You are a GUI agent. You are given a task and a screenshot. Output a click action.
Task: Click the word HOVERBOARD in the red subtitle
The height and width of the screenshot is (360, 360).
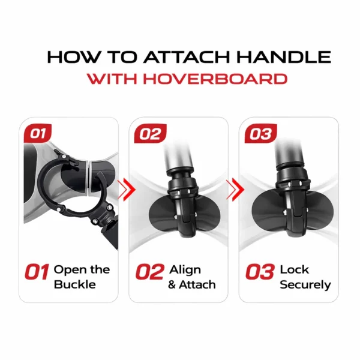pos(215,79)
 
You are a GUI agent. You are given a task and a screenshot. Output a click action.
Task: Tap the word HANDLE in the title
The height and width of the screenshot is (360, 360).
pos(283,57)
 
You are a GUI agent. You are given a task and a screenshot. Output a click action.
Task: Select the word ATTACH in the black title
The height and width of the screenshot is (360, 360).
pos(187,57)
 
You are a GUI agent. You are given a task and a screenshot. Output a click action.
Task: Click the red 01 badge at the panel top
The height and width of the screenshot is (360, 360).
pos(38,133)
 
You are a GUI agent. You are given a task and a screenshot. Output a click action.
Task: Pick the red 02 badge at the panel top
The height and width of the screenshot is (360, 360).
pos(150,133)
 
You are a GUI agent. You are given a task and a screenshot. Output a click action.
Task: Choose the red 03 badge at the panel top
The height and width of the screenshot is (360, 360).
pos(261,133)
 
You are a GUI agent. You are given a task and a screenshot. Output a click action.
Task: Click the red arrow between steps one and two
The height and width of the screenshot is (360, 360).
pos(127,190)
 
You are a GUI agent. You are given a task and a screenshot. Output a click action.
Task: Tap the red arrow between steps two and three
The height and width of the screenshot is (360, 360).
pos(235,190)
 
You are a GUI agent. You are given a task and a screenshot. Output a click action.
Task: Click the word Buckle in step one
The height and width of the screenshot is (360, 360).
pos(75,284)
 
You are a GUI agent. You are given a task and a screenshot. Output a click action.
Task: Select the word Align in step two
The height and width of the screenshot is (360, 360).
pos(185,270)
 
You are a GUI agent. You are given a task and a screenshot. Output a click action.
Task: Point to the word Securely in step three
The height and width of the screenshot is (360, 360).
pos(305,285)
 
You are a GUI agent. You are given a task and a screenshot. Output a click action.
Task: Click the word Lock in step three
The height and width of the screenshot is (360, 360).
pos(295,269)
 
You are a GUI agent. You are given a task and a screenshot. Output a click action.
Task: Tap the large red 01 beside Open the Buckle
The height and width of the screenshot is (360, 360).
pos(37,272)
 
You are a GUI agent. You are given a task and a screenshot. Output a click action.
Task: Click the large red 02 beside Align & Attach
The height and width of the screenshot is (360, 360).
pos(150,272)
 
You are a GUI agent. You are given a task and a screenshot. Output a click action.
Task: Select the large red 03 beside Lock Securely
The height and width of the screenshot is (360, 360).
pos(260,272)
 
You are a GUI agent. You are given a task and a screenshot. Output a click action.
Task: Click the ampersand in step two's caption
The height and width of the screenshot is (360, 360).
pos(172,284)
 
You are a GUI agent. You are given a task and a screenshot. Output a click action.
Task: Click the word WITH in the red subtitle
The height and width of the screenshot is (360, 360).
pos(112,79)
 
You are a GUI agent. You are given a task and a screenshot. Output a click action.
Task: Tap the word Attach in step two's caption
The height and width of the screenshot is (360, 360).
pos(197,284)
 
